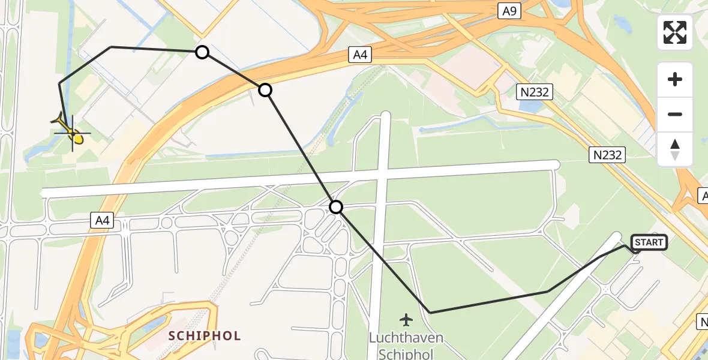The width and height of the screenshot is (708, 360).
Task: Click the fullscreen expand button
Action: (x=675, y=32)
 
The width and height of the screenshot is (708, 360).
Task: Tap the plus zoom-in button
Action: (x=675, y=79)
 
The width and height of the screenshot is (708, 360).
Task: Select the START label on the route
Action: (x=649, y=242)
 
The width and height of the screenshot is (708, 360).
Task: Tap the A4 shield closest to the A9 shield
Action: (x=359, y=55)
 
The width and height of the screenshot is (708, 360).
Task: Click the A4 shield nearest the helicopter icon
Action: (x=103, y=222)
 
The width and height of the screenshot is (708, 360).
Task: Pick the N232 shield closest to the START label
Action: (x=607, y=155)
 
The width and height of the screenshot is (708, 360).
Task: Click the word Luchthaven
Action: (x=406, y=338)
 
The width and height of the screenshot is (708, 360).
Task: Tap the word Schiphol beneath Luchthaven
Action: (x=406, y=353)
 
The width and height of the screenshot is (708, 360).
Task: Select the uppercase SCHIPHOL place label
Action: (x=205, y=335)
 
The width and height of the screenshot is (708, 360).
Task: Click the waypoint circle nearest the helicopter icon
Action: (x=203, y=52)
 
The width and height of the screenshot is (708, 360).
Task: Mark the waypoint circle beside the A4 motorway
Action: (x=265, y=90)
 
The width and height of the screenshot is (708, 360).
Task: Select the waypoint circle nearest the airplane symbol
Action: (x=337, y=207)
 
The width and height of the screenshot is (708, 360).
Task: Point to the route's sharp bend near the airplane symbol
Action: (x=430, y=313)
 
